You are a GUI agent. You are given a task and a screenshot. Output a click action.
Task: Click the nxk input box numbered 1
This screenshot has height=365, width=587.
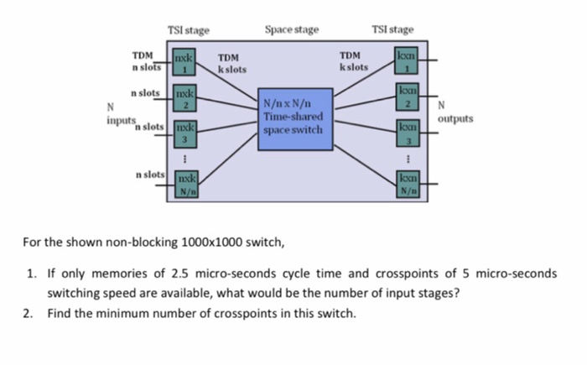click(184, 64)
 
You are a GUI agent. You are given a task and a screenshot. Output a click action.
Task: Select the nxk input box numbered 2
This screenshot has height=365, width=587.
click(184, 98)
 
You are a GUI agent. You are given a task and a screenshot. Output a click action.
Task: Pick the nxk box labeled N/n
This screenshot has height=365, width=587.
click(185, 185)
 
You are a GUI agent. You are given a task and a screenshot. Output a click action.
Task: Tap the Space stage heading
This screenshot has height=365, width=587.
click(291, 30)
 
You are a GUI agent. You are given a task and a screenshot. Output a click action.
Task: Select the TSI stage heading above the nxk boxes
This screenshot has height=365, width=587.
click(188, 31)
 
